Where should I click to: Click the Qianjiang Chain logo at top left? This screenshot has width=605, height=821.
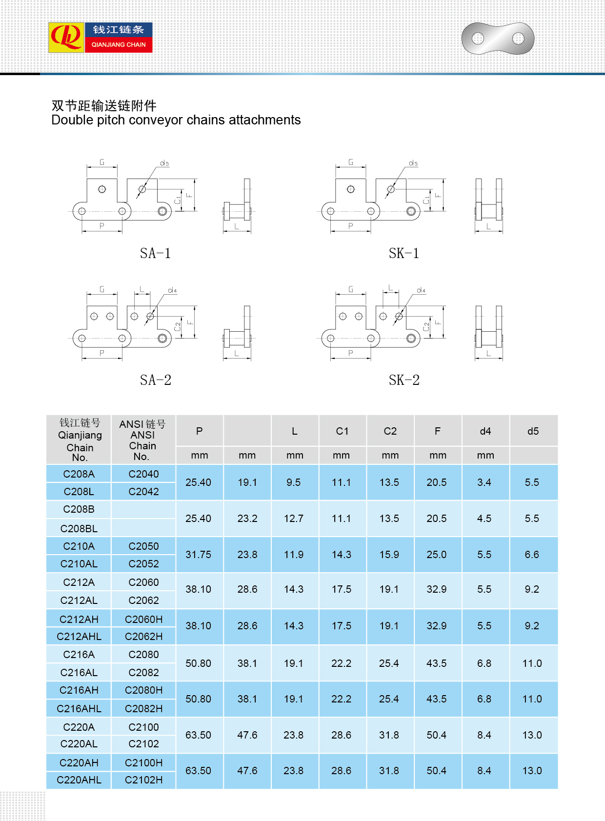101,38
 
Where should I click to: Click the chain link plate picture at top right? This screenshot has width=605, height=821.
498,38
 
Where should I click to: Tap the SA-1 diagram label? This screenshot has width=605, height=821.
155,254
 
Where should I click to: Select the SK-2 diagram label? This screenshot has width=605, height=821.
404,380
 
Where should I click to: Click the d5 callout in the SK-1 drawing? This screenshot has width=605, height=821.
413,163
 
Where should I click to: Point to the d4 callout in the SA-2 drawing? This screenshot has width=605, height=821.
172,290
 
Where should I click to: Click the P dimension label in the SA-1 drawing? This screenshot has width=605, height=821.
102,226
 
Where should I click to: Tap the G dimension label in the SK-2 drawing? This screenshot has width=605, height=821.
351,289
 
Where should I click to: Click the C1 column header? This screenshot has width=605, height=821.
342,431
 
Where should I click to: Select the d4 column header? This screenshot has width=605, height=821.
485,431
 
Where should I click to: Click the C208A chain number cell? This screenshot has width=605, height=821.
79,474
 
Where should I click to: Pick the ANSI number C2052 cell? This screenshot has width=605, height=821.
143,564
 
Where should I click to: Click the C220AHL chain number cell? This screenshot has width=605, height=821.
79,780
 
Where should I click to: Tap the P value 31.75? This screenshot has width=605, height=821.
198,555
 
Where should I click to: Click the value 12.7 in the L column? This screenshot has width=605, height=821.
294,519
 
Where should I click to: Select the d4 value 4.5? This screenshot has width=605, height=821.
484,519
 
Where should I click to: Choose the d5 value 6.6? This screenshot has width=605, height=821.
532,555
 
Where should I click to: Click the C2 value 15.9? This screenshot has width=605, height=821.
389,555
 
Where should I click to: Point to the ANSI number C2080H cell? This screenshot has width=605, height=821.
143,690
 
